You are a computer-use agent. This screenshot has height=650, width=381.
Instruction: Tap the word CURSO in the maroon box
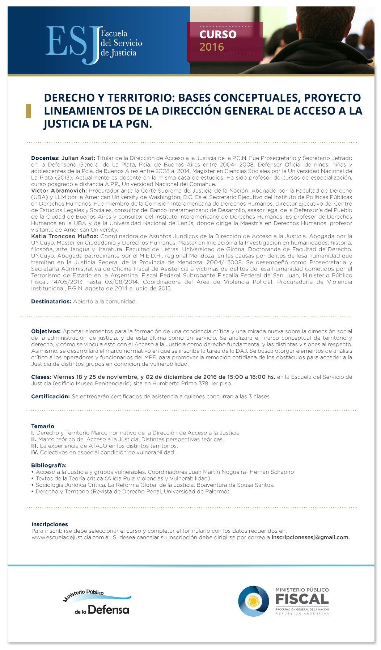218,34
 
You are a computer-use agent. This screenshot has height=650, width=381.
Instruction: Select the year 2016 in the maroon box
212,47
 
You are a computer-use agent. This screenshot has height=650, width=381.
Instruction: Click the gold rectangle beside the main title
28,110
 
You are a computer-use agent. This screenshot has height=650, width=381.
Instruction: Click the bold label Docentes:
45,158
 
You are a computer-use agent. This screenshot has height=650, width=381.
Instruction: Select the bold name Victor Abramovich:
59,191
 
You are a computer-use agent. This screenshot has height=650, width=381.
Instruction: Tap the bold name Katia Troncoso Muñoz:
65,236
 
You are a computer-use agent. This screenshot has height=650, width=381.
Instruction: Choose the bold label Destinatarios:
51,302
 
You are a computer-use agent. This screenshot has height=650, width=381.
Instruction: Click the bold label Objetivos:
46,331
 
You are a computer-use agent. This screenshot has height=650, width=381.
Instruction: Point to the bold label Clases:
41,377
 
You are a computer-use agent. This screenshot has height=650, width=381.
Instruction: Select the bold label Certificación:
50,397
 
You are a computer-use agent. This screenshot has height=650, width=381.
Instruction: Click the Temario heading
43,426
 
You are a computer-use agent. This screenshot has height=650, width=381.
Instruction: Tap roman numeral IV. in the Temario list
35,452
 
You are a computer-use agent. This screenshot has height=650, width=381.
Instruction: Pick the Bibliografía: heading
49,465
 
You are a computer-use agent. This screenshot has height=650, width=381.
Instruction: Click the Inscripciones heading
50,524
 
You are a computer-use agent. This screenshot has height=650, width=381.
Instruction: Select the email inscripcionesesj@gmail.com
310,537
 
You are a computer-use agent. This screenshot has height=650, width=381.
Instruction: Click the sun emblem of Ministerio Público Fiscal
253,601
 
